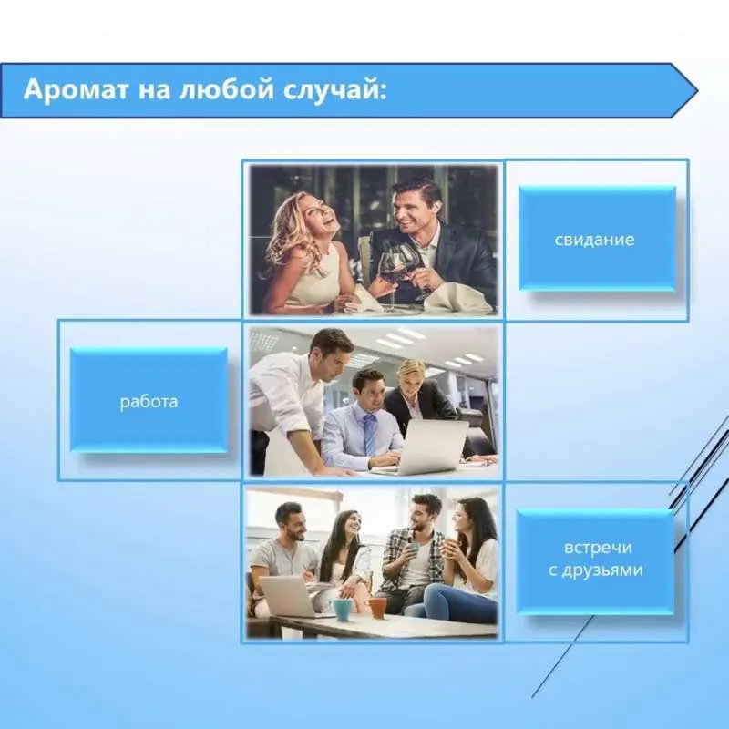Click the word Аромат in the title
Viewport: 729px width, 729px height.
coord(76,89)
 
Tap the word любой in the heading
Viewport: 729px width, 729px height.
coord(226,88)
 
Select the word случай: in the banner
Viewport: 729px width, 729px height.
coord(334,89)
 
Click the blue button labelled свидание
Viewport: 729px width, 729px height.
coord(597,239)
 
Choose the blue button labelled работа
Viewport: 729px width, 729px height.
coord(149,400)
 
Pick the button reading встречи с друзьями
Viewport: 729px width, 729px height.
coord(596,560)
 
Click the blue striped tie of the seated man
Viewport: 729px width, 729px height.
coord(369,434)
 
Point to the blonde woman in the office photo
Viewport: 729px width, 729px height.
coord(418,395)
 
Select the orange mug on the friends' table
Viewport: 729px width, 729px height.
coord(376,608)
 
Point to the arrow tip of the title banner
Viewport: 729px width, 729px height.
coord(697,90)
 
